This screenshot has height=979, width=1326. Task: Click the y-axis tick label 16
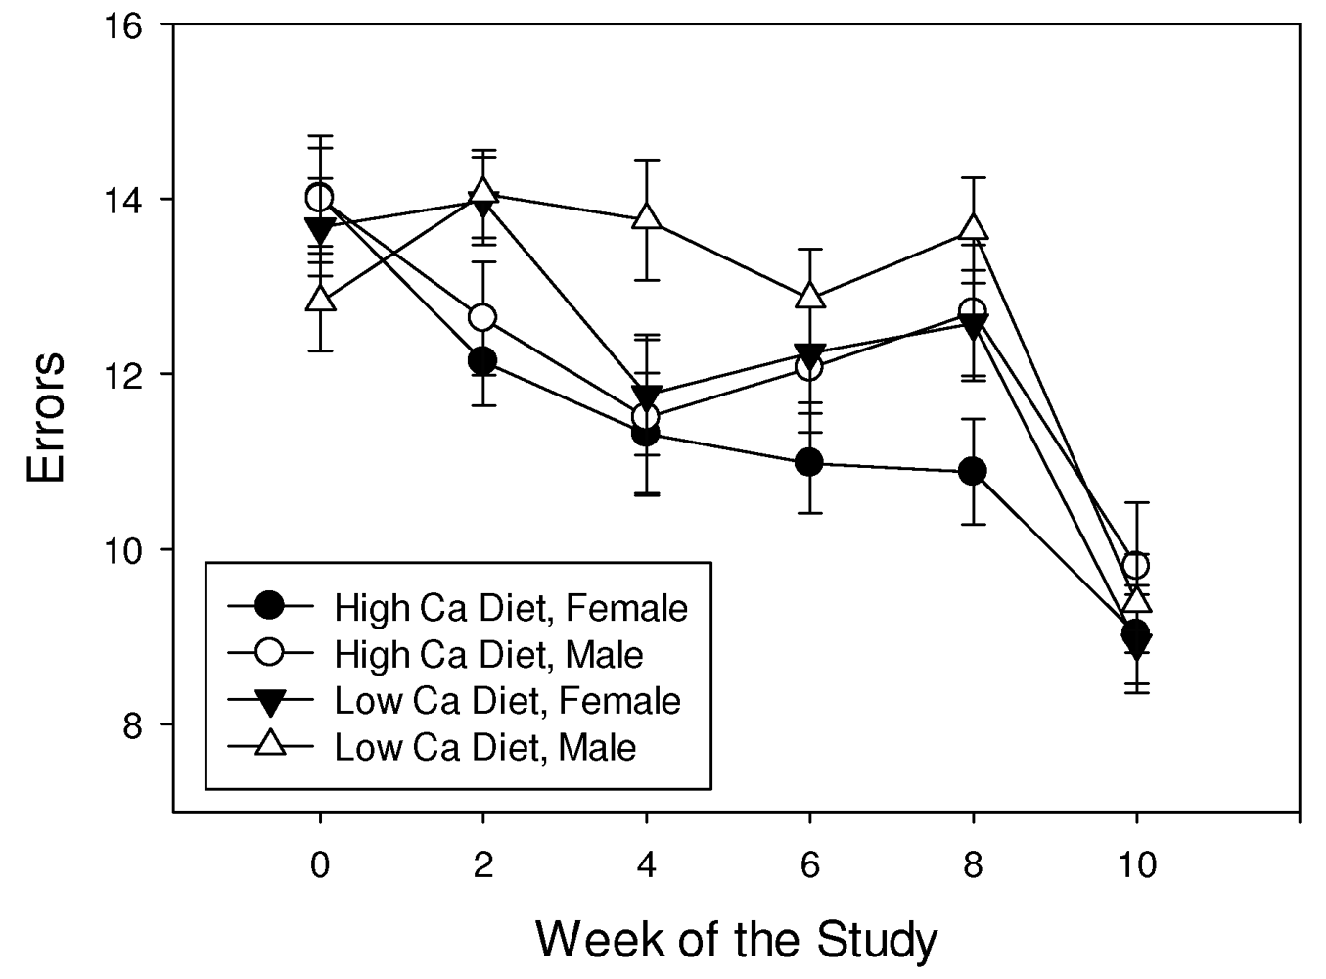[x=124, y=24]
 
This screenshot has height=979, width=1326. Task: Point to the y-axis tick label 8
[x=134, y=724]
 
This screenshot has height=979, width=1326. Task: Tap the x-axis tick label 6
[x=809, y=865]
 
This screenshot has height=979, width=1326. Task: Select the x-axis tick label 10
[x=1135, y=865]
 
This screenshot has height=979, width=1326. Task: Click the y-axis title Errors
[x=46, y=417]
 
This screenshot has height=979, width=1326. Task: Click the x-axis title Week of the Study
[x=736, y=940]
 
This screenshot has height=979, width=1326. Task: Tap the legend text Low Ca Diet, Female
[x=507, y=701]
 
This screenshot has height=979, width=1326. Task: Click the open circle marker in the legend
[x=269, y=654]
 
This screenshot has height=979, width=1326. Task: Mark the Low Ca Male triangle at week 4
[x=646, y=217]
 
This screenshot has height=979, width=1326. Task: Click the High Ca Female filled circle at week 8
[x=972, y=472]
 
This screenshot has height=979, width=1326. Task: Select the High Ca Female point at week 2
[x=482, y=360]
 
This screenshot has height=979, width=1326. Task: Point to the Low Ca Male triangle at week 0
[x=320, y=299]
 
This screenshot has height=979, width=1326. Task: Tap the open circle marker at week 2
[x=482, y=317]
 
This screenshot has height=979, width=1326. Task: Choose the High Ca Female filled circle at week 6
[x=809, y=462]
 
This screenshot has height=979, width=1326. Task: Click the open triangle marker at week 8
[x=973, y=227]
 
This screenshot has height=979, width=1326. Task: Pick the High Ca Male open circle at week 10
[x=1135, y=566]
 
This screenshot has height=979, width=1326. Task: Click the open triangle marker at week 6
[x=809, y=296]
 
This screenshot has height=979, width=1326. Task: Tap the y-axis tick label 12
[x=124, y=374]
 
